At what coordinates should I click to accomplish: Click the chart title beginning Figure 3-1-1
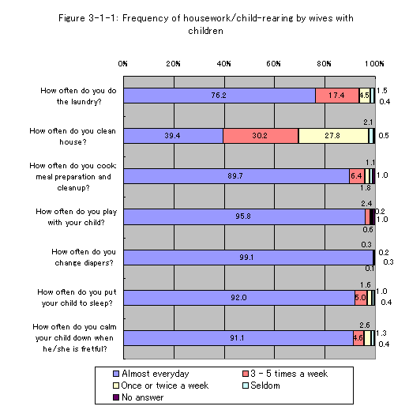[x=206, y=24]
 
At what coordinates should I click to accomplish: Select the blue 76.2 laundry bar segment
[x=220, y=96]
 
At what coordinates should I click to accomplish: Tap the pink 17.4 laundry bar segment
[x=337, y=96]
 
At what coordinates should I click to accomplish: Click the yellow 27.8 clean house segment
[x=333, y=136]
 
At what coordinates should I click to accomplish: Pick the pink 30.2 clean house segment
[x=261, y=136]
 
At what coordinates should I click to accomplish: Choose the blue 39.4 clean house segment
[x=174, y=136]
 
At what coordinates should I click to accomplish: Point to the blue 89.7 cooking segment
[x=237, y=176]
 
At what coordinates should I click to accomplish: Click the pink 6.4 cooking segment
[x=358, y=176]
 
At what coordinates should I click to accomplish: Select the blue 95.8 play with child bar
[x=244, y=216]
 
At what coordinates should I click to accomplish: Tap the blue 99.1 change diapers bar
[x=248, y=258]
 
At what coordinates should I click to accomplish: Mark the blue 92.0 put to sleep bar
[x=239, y=298]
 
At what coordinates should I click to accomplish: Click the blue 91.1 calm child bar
[x=238, y=338]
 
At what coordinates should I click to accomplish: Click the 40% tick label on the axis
[x=223, y=64]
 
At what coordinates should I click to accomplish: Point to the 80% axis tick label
[x=324, y=64]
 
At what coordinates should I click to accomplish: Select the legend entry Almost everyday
[x=151, y=374]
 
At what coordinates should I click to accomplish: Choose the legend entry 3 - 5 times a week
[x=285, y=374]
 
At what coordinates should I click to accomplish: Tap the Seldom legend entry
[x=261, y=386]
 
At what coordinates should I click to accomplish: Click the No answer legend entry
[x=138, y=397]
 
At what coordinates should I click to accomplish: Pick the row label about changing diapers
[x=84, y=258]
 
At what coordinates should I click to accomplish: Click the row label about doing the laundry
[x=78, y=96]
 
